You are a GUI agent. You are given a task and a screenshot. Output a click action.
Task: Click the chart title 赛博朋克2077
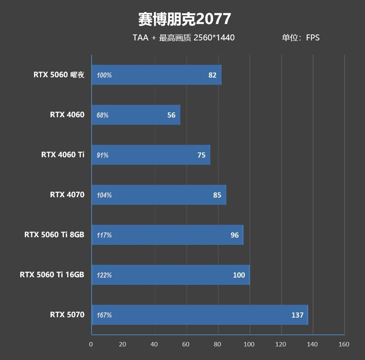(x=184, y=19)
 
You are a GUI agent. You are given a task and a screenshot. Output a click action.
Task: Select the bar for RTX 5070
(x=200, y=315)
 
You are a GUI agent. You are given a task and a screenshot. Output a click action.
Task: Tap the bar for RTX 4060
(x=136, y=115)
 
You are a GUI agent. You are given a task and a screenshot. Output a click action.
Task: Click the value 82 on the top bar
(x=212, y=75)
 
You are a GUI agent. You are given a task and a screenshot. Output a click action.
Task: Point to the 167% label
(x=104, y=315)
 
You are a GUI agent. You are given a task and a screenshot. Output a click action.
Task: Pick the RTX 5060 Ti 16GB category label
(x=52, y=275)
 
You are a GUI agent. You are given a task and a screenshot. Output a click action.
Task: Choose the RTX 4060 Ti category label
(x=63, y=155)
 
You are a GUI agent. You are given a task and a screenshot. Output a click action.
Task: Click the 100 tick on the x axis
(x=249, y=344)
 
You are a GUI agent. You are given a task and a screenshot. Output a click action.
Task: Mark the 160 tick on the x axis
(x=344, y=344)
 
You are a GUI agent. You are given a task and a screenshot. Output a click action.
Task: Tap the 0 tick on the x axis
(x=91, y=344)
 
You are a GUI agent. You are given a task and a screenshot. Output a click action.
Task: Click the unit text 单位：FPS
(x=300, y=38)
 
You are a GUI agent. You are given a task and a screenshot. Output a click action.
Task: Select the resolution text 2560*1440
(x=214, y=38)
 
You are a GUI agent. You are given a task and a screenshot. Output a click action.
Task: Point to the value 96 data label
(x=235, y=235)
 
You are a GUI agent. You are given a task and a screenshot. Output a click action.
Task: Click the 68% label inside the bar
(x=103, y=115)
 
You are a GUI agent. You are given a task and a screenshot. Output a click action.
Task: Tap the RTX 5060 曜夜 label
(x=59, y=75)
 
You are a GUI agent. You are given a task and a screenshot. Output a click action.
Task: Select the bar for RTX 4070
(x=159, y=195)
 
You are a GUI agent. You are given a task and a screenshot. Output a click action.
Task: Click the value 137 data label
(x=297, y=315)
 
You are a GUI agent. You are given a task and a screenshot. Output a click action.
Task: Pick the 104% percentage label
(x=104, y=195)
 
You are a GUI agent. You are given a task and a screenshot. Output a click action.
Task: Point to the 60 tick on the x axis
(x=186, y=344)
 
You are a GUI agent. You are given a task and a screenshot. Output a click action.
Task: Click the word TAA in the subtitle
(x=141, y=38)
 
